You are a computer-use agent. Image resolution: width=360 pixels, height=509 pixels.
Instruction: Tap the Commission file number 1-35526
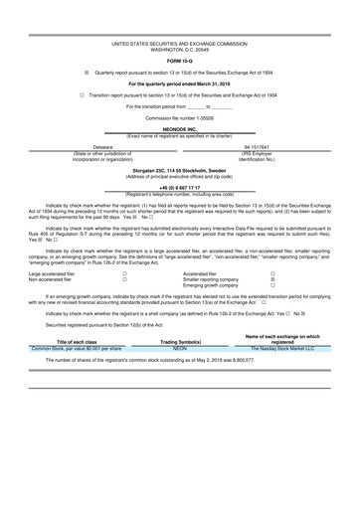coord(180,118)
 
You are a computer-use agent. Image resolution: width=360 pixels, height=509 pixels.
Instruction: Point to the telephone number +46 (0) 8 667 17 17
coord(180,187)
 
